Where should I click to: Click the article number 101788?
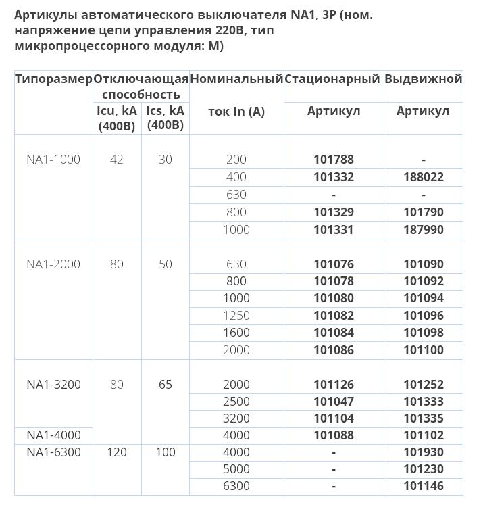(x=334, y=160)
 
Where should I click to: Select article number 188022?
(x=424, y=177)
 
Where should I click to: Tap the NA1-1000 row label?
(x=53, y=160)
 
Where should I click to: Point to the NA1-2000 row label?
(x=53, y=264)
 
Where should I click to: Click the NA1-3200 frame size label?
(x=53, y=385)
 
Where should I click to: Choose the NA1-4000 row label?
(x=53, y=435)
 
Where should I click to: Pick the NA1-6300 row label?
(x=53, y=452)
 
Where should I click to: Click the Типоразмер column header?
(x=53, y=79)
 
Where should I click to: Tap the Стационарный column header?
(x=332, y=79)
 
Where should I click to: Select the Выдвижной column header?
(x=424, y=79)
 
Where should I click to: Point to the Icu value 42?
(x=117, y=160)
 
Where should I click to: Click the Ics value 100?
(x=166, y=452)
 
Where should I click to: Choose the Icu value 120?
(x=117, y=452)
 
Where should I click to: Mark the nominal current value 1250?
(x=236, y=316)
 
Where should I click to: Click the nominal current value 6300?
(x=236, y=486)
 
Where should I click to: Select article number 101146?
(x=424, y=486)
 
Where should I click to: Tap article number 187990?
(x=424, y=230)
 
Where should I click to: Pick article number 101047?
(x=334, y=402)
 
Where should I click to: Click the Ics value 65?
(x=166, y=385)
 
